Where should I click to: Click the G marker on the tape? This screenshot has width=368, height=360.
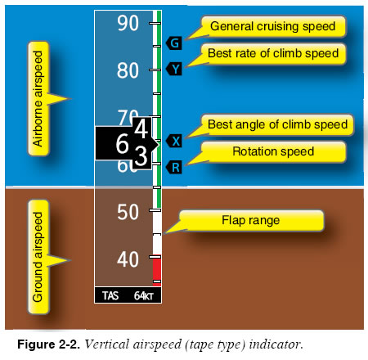174,43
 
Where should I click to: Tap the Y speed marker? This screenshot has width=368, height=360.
174,69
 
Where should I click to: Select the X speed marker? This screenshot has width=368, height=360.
174,141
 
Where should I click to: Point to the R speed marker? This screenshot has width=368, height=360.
174,167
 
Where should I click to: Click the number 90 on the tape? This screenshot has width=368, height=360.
128,23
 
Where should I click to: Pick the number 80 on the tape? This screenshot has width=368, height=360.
128,70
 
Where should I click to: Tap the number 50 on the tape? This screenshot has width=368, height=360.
128,212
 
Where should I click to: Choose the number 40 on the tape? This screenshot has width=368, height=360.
128,259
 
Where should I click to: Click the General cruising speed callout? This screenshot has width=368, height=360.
273,26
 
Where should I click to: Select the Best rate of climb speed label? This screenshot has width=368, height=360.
273,53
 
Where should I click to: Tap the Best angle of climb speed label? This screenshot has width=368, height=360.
277,124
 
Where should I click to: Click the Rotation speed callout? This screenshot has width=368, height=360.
273,151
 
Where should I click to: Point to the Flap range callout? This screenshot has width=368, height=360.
251,220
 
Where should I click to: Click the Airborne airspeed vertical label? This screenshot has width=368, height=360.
38,98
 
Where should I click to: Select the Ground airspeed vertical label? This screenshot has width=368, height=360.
38,257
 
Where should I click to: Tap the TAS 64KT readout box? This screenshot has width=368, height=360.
128,295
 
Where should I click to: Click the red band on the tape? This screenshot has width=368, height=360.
157,270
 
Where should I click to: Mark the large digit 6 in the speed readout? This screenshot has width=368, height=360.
122,143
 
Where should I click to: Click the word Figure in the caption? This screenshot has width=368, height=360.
36,344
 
